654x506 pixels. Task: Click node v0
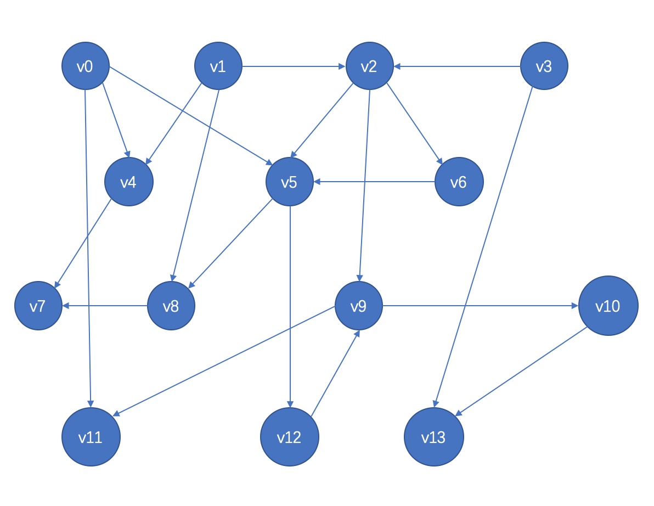85,67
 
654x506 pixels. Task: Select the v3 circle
544,67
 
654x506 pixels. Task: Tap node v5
289,182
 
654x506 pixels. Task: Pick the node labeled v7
38,306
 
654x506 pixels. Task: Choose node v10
608,306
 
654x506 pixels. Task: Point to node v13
434,437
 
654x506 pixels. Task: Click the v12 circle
289,437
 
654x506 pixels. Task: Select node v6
459,182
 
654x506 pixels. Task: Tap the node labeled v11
91,437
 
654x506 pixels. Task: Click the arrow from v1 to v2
294,67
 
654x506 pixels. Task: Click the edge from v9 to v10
480,306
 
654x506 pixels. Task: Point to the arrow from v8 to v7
105,306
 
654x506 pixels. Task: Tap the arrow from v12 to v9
335,373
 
